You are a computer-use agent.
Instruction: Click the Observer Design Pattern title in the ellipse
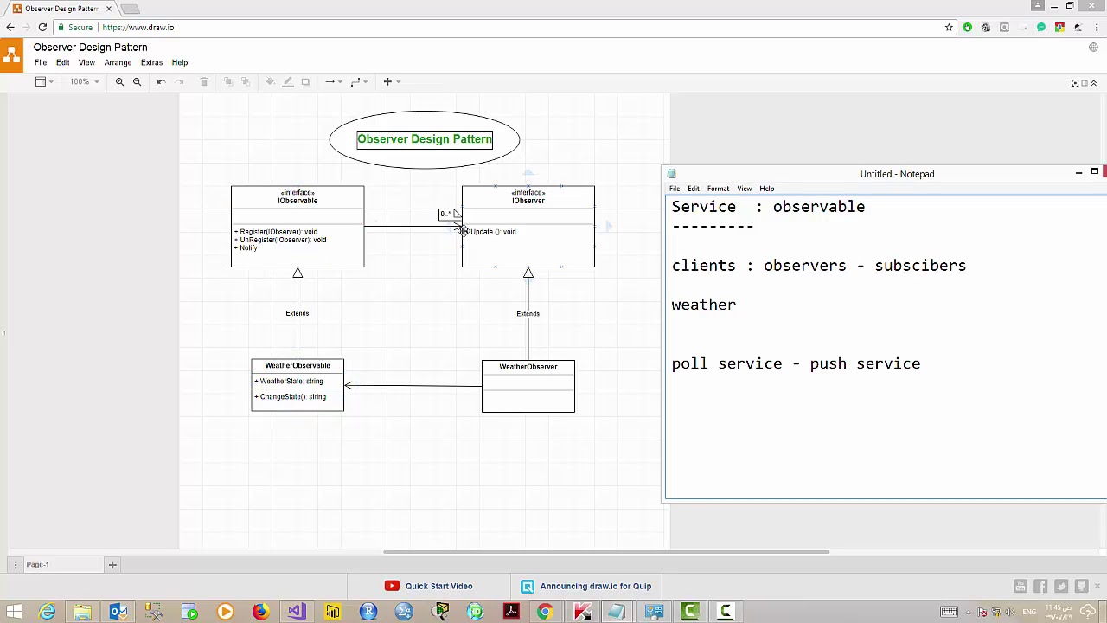pos(424,139)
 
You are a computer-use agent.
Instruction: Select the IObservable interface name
pos(298,201)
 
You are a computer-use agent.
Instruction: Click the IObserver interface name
pos(528,201)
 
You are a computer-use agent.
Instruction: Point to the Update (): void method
pos(493,232)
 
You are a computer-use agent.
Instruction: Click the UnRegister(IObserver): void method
pos(283,240)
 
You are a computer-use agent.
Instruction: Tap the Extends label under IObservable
pos(297,313)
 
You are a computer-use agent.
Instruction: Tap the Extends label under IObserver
pos(528,314)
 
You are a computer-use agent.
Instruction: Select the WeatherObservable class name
pos(297,366)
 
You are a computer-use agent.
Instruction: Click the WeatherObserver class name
pos(528,367)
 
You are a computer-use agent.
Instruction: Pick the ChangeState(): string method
pos(292,397)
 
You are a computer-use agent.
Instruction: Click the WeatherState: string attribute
pos(291,382)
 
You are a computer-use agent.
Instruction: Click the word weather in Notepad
pos(703,305)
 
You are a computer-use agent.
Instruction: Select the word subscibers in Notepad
pos(920,266)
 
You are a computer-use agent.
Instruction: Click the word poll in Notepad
pos(690,363)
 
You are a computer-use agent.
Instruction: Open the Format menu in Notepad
pos(718,189)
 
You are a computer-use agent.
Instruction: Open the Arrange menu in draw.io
pos(118,63)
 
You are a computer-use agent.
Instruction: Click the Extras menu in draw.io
pos(151,63)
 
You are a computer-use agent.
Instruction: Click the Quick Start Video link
pos(438,587)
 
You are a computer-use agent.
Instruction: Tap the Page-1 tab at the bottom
pos(37,565)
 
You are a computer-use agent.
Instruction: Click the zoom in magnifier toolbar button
pos(119,82)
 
